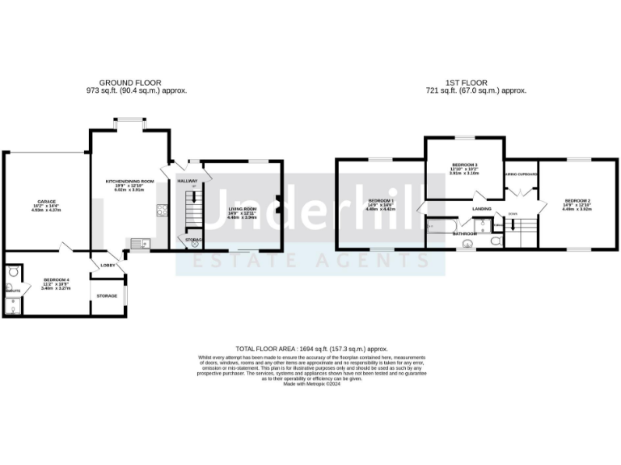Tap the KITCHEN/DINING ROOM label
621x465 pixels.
click(130, 181)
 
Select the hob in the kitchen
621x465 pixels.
click(161, 212)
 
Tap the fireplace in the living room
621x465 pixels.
click(277, 205)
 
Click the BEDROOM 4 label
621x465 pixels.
click(56, 280)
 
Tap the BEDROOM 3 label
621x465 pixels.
click(465, 165)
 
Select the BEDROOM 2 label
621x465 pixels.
click(577, 200)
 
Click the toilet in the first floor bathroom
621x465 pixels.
click(496, 240)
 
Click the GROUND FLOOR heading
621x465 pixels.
click(130, 82)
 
